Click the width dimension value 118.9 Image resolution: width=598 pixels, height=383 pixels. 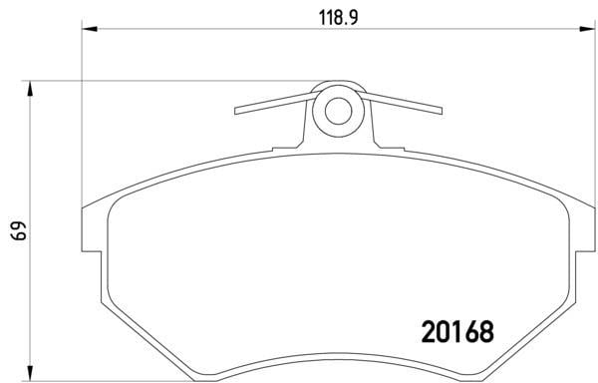(x=338, y=18)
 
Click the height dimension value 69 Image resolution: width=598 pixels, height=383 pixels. (x=19, y=230)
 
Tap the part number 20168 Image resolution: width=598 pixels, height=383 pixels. (x=457, y=331)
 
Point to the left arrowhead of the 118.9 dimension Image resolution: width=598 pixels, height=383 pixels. (x=90, y=29)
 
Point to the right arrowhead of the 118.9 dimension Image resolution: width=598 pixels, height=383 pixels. (x=587, y=29)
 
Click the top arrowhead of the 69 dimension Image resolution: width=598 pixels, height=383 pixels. (x=30, y=89)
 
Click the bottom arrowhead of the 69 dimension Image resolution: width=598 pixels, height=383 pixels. (x=30, y=373)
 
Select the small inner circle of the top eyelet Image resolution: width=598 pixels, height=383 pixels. (x=338, y=111)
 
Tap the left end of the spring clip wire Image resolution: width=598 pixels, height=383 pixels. (x=235, y=111)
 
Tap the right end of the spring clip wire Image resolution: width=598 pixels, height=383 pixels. (x=442, y=111)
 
